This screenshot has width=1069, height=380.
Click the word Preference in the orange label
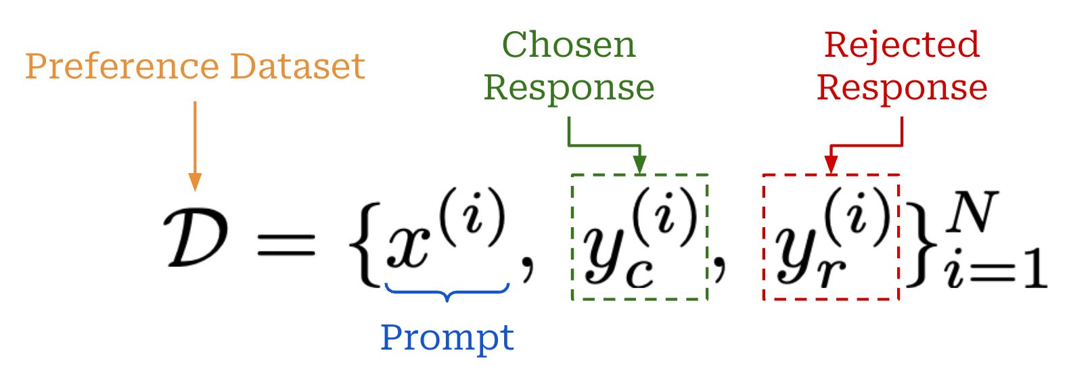tap(122, 67)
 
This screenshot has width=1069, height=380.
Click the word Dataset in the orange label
tap(297, 66)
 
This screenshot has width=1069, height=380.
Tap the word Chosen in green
tap(568, 46)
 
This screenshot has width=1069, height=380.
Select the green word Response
tap(569, 89)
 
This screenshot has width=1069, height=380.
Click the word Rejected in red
tap(901, 46)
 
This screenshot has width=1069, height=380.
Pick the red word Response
tap(901, 89)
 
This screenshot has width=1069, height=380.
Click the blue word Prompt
tap(447, 337)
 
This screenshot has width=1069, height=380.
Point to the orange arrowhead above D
tap(195, 182)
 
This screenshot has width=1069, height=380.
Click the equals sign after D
tap(286, 244)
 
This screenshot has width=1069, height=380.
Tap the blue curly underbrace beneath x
tap(447, 291)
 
